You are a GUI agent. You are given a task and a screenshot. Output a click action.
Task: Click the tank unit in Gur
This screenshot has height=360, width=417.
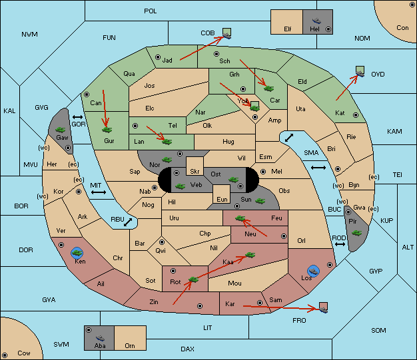point(107,130)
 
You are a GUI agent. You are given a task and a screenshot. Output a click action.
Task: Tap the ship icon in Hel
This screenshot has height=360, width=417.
point(316,21)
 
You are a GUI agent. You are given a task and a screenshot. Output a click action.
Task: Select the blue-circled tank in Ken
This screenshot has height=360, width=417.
point(77,253)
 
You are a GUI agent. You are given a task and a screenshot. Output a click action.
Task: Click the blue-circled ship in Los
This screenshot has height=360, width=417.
point(314,271)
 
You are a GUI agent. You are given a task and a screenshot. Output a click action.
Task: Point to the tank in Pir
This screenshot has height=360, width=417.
point(356,233)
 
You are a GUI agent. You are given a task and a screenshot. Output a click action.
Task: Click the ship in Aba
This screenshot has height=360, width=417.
point(100,337)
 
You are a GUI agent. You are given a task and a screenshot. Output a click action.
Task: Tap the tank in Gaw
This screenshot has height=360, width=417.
point(61,129)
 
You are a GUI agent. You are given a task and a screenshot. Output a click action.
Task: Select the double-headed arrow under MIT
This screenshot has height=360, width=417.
point(99,192)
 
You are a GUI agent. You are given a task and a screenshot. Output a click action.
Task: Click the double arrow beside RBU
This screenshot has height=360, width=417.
point(128,222)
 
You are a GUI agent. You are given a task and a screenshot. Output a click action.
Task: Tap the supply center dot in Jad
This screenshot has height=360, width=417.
point(158,57)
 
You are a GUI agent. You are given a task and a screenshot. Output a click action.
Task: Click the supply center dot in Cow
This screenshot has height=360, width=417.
point(5,355)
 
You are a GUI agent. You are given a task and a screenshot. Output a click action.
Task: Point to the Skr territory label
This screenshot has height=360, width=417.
point(195,172)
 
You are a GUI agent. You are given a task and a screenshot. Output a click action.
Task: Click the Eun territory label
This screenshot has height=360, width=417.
point(222,199)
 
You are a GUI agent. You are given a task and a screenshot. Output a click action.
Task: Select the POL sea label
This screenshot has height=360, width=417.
point(151,11)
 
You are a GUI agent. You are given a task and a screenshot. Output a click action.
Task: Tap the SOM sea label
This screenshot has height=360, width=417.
point(378,330)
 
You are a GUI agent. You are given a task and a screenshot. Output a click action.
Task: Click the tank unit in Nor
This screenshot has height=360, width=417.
point(167,160)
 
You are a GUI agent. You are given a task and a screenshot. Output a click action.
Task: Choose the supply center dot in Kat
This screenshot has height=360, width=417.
point(356,115)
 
